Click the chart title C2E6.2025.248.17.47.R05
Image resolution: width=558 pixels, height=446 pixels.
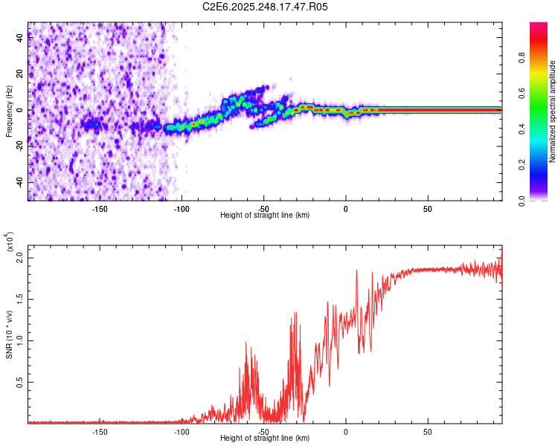click(x=266, y=7)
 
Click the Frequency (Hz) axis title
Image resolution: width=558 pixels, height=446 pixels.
click(x=10, y=111)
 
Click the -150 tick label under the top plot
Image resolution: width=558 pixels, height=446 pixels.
click(x=100, y=208)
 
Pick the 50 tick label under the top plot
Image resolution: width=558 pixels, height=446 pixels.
click(x=428, y=208)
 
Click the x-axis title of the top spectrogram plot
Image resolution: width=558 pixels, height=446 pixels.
click(x=265, y=216)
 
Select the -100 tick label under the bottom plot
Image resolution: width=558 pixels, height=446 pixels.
click(x=182, y=431)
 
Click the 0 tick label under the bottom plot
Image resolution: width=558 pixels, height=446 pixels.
click(x=346, y=431)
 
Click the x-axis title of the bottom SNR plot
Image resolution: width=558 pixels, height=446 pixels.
click(x=265, y=439)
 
